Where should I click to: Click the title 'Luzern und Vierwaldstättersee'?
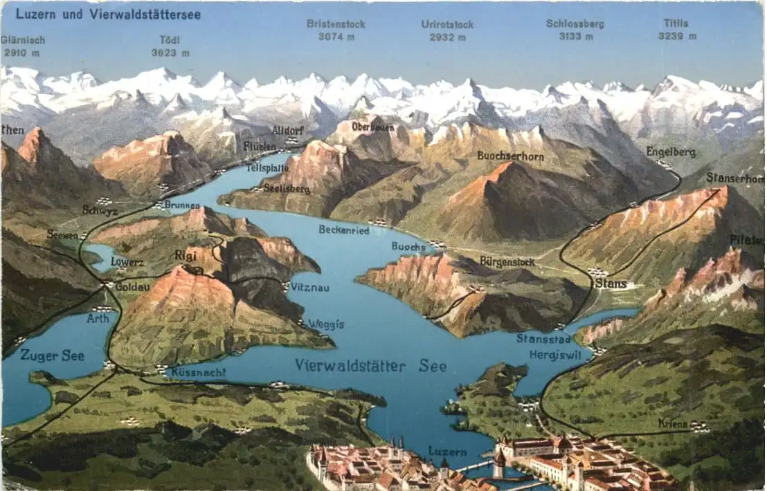click(x=108, y=14)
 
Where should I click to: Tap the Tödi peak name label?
click(x=170, y=39)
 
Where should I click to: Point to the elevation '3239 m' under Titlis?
click(x=676, y=36)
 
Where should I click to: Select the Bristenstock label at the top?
click(x=336, y=24)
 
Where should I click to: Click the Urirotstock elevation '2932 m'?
click(x=447, y=37)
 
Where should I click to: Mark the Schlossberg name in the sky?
click(x=575, y=24)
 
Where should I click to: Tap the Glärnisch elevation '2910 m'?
click(x=21, y=52)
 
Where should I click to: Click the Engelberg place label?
click(x=671, y=151)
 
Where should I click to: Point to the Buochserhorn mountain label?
click(x=510, y=156)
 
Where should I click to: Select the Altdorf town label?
click(x=287, y=130)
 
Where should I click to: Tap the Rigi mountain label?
click(x=186, y=255)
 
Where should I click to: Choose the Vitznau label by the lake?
click(x=309, y=286)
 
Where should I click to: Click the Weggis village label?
click(x=325, y=324)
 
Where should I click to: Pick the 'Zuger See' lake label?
click(x=52, y=355)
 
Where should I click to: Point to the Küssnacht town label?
click(x=198, y=372)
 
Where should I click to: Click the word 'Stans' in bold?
click(x=611, y=284)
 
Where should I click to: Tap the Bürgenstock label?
click(x=507, y=261)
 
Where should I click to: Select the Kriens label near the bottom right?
click(x=673, y=423)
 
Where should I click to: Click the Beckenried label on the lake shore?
click(x=343, y=230)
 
